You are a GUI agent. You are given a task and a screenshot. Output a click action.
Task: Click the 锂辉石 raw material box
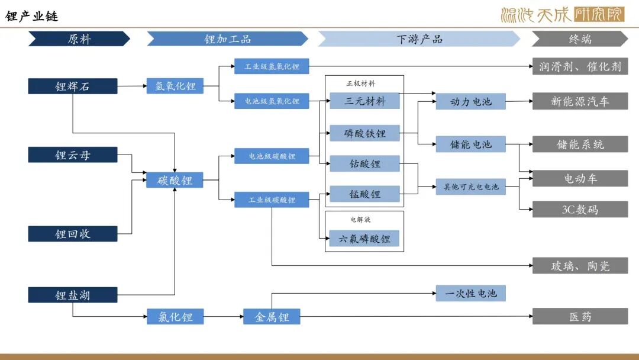(73, 86)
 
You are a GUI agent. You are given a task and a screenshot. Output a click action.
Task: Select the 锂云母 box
(73, 155)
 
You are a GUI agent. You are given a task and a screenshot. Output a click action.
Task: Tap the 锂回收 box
(73, 234)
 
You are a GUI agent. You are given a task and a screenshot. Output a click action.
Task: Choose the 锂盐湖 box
(73, 295)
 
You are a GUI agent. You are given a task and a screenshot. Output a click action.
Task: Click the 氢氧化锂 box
(175, 86)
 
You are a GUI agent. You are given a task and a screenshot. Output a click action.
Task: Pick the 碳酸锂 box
(175, 180)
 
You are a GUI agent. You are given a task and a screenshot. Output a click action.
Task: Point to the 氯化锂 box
(175, 317)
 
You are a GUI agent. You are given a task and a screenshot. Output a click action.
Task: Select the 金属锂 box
(272, 317)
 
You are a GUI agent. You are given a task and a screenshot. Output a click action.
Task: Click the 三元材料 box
(364, 101)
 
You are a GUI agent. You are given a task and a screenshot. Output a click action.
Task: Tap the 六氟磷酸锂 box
(364, 239)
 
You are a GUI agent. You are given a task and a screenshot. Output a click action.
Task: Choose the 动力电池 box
(471, 101)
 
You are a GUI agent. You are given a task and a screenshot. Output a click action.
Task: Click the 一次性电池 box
(471, 293)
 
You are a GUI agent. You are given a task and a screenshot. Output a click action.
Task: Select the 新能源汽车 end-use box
(580, 101)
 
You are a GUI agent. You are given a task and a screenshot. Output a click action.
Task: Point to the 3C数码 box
(580, 209)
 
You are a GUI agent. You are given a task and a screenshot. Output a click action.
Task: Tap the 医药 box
(580, 317)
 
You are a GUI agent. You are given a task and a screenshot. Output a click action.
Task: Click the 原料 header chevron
(79, 39)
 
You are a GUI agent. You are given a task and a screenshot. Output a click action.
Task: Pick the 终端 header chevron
(579, 39)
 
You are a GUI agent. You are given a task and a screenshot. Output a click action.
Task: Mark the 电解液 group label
(360, 220)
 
